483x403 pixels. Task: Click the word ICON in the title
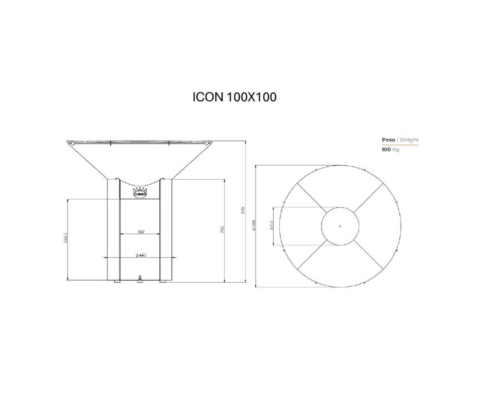208,97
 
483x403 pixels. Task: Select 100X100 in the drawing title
252,97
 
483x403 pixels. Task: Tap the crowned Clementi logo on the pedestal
140,192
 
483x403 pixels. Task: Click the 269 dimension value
141,232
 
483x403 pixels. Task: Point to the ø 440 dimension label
141,256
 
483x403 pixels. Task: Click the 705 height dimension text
222,230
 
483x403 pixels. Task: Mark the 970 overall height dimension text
243,210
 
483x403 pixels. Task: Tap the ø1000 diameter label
254,225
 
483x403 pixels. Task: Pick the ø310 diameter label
272,225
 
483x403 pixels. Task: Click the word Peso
388,140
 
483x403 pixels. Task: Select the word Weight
409,140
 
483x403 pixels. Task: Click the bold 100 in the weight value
386,150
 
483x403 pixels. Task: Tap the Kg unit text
396,150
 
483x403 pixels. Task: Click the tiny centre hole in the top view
340,226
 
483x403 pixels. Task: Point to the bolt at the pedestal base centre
140,278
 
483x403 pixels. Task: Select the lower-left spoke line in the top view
312,255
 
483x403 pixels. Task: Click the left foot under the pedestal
117,282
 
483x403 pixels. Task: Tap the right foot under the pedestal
163,282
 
